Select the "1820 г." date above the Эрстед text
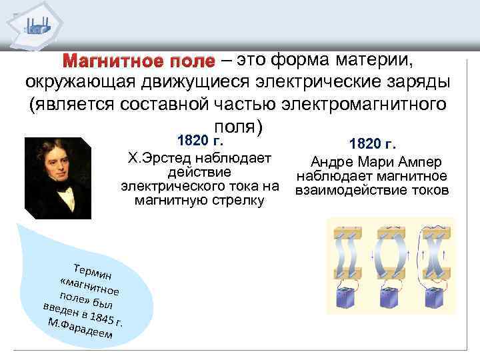(x=198, y=141)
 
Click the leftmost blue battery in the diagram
(x=345, y=308)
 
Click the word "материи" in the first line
(x=375, y=61)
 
